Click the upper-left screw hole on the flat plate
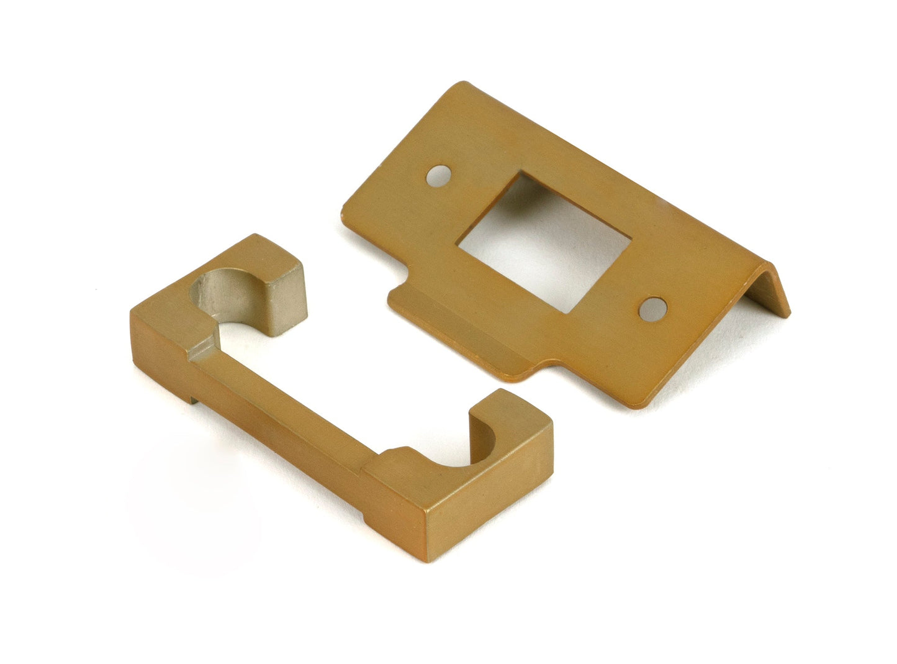439,175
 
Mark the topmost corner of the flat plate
461,83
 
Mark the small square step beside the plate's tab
401,288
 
